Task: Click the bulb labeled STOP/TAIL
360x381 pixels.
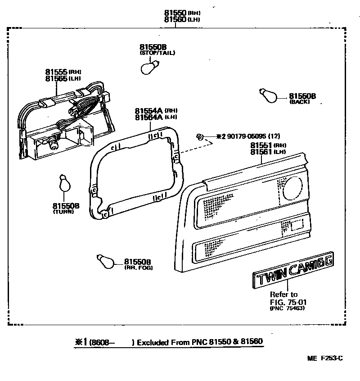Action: [x=148, y=68]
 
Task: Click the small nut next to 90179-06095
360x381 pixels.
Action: [x=201, y=136]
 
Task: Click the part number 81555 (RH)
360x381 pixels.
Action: [x=56, y=72]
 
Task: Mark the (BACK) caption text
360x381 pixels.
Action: [x=300, y=102]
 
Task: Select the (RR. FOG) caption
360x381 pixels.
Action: [x=138, y=268]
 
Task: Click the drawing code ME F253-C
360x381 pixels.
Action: [x=325, y=358]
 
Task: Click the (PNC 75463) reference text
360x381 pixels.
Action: [x=286, y=309]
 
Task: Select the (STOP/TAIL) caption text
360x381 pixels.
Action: [x=157, y=53]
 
